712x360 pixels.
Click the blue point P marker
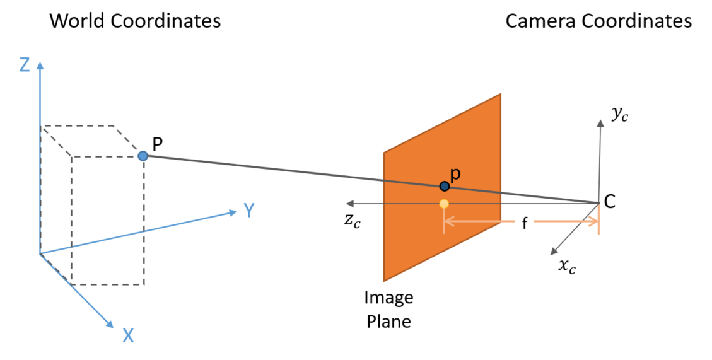point(143,155)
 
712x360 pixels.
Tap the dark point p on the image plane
point(445,186)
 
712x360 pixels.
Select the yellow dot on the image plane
point(444,204)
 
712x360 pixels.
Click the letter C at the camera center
point(609,201)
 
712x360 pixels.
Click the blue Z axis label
point(25,65)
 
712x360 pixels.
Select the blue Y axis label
point(249,211)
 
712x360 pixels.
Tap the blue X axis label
point(128,335)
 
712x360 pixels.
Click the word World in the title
point(78,21)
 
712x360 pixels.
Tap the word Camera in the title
point(540,21)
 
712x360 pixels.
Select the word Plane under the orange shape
point(388,321)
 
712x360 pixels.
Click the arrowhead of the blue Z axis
point(40,64)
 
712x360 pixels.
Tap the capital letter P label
point(158,144)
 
